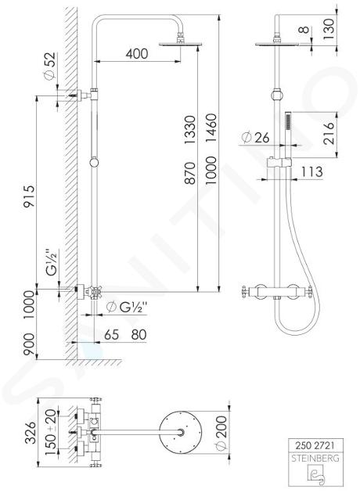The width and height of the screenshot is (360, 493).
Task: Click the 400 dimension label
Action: pos(137,54)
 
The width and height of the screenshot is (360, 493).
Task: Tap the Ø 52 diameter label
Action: pos(50,66)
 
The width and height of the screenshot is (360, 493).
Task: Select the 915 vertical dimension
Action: pos(30,196)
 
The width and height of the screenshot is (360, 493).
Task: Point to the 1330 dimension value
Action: pos(190,130)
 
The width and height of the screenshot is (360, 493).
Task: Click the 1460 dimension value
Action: pos(211,128)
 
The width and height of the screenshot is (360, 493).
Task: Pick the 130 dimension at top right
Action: pos(329,29)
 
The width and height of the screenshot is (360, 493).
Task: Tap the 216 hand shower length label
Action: pos(329,133)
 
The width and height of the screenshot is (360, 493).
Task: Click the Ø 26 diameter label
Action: pos(255,138)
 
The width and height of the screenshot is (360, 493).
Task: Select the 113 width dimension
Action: pos(312,171)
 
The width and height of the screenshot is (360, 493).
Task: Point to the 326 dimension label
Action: pos(31,433)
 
